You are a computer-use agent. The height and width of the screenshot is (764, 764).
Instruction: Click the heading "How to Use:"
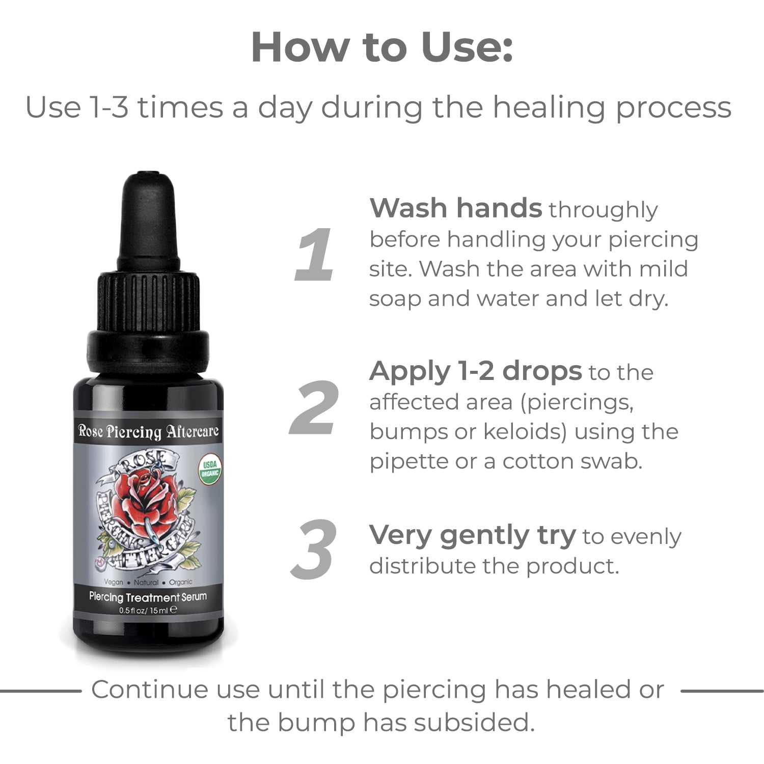pos(381,47)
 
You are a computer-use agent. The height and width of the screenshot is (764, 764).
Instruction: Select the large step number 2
pos(314,408)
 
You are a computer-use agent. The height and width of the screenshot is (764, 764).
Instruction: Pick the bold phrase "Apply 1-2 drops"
pos(475,371)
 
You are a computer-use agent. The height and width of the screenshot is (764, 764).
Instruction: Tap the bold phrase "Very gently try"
pos(473,536)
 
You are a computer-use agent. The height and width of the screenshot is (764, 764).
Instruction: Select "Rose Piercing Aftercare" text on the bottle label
pos(148,431)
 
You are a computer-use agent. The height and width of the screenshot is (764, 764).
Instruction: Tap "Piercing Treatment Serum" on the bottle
pos(148,597)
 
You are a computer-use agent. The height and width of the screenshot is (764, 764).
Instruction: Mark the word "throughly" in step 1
pos(603,210)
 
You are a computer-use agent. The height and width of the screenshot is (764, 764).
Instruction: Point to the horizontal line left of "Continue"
pos(41,691)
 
